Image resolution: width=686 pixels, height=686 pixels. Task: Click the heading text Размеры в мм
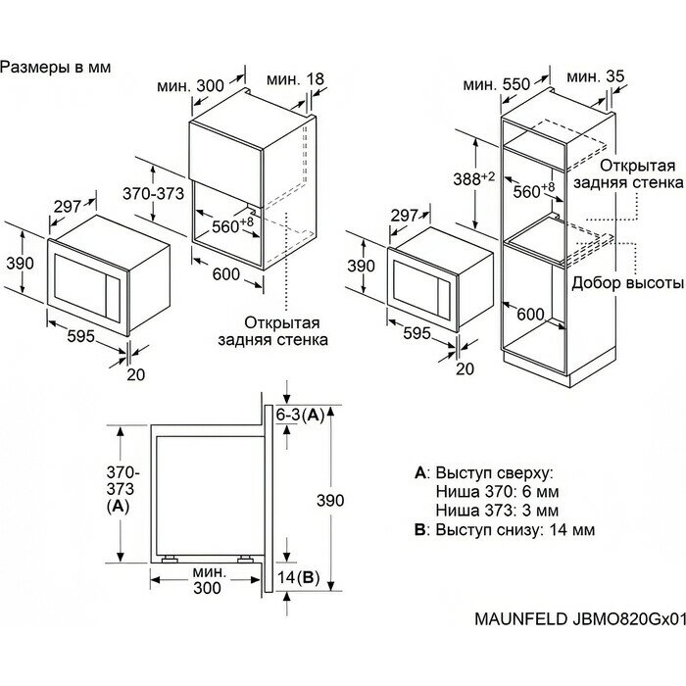coord(56,68)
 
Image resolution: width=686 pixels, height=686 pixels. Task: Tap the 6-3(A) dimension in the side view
coord(300,416)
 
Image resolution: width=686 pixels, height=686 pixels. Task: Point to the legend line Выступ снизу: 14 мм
coord(506,530)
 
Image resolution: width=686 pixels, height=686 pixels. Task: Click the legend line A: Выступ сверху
coord(485,472)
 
